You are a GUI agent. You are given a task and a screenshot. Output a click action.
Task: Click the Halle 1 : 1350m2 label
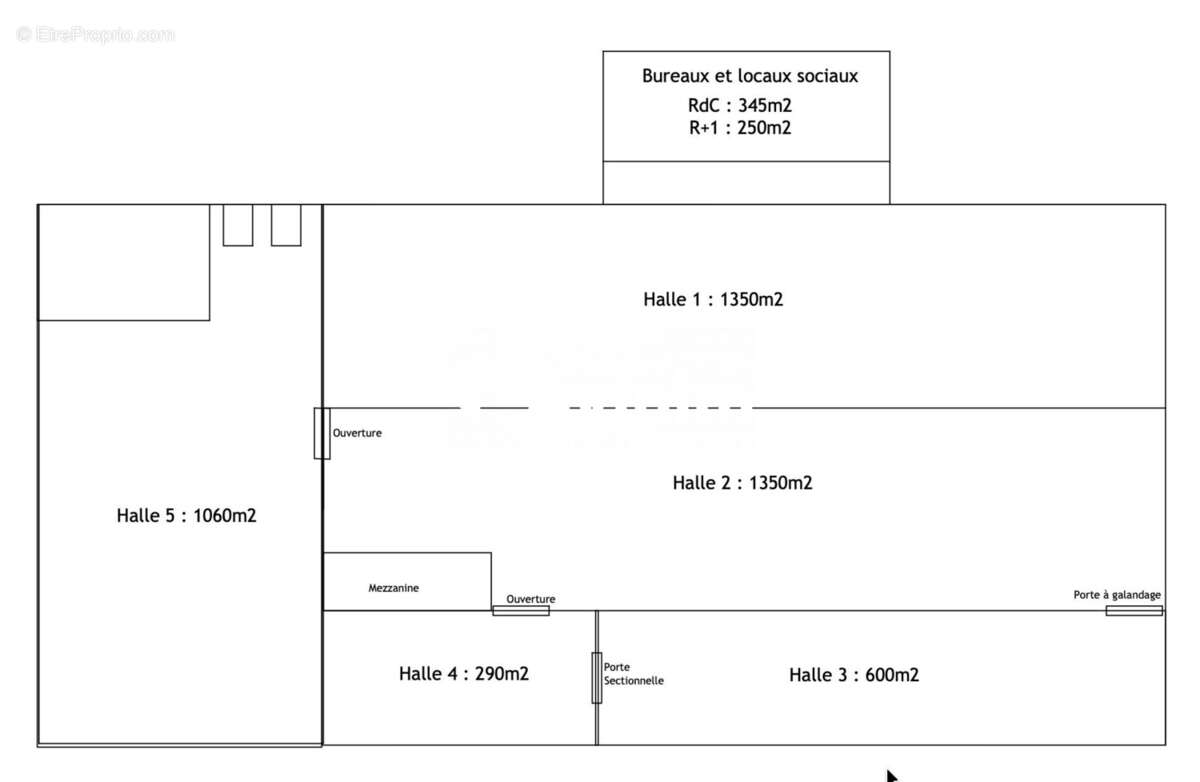pos(713,299)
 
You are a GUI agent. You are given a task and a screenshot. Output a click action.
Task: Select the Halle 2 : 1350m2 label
pos(742,483)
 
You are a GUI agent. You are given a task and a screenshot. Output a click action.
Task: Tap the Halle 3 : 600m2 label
pos(854,675)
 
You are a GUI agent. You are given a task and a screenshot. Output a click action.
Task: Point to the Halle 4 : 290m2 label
pos(464,674)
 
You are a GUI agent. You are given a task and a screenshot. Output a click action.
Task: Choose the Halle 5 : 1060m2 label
pos(186,516)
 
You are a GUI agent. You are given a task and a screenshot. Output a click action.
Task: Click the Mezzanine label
pos(394,588)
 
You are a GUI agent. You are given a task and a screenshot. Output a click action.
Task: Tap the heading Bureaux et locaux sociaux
pos(750,76)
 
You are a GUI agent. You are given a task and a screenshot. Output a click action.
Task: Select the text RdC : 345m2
pos(740,106)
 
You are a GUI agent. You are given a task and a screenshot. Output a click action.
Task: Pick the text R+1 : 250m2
pos(740,128)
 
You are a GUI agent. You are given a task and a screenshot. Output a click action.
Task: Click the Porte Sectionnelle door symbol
pos(597,678)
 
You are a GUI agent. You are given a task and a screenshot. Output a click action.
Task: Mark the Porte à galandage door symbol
pos(1134,611)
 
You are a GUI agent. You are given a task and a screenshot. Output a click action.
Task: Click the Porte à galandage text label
pos(1117,595)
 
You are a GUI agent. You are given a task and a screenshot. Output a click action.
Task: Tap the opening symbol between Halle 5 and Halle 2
pos(322,433)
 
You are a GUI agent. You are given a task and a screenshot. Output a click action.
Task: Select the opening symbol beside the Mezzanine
pos(521,611)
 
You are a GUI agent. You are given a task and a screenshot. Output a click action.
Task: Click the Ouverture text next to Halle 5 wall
pos(357,433)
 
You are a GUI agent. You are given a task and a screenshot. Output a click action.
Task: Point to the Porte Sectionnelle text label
pos(634,674)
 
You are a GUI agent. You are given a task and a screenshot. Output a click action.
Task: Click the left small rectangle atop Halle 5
pos(238,225)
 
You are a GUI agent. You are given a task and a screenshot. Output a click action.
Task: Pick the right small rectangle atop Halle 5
pos(286,225)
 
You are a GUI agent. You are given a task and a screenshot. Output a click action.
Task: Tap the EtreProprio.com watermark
pos(95,35)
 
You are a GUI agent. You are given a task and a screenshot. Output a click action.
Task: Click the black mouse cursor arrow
pos(891,776)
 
